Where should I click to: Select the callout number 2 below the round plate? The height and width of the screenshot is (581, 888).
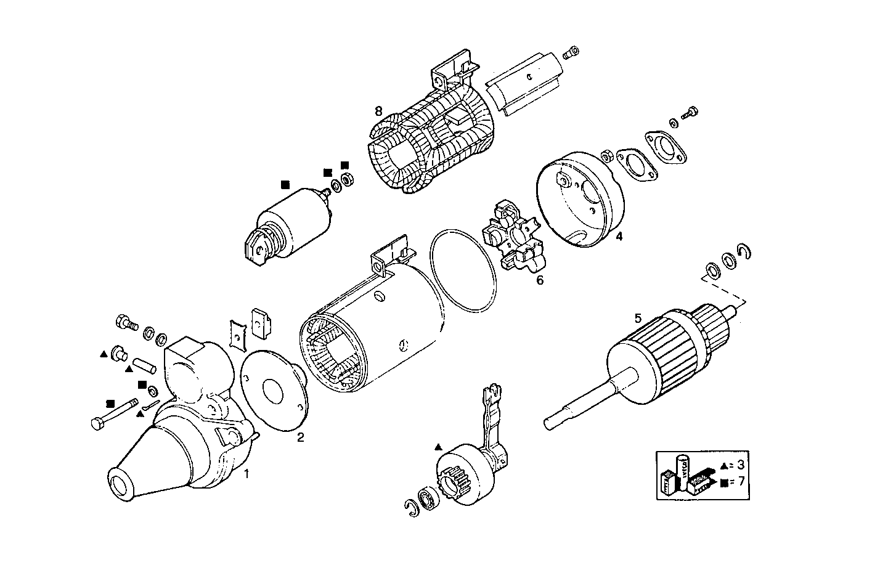[x=300, y=438]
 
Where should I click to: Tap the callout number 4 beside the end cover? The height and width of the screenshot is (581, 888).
[x=619, y=236]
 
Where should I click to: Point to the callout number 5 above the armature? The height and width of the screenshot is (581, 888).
[x=638, y=318]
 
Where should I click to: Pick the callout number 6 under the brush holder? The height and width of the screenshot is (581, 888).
[x=540, y=280]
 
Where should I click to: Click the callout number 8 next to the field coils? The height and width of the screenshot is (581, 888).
[x=378, y=111]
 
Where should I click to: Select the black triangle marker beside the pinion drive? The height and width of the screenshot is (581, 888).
[x=438, y=445]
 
